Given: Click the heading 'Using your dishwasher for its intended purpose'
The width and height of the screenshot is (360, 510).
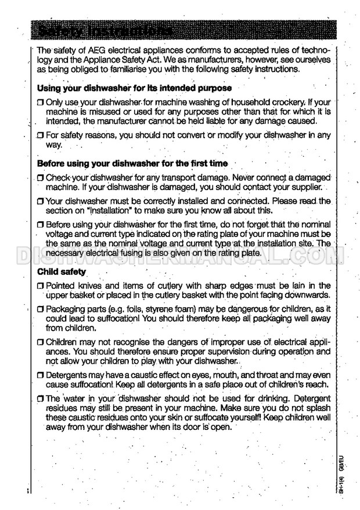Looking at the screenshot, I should coord(134,88).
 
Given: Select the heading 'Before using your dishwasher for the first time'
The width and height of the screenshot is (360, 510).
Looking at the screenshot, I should coord(132,163).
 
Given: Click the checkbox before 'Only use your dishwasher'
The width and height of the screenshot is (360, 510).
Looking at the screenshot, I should coord(40,102).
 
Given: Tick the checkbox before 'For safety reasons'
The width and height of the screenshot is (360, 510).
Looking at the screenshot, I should coord(40,136).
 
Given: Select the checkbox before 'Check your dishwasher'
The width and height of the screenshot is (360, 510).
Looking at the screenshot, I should coord(40,177).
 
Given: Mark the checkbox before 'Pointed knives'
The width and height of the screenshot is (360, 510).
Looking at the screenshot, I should coord(40,286).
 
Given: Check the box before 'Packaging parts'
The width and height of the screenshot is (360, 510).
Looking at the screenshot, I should coord(40,308).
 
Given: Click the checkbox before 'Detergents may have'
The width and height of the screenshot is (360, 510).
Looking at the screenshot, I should coord(40,376).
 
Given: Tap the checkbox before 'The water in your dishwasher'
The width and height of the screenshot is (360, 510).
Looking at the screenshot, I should coord(40,399).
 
